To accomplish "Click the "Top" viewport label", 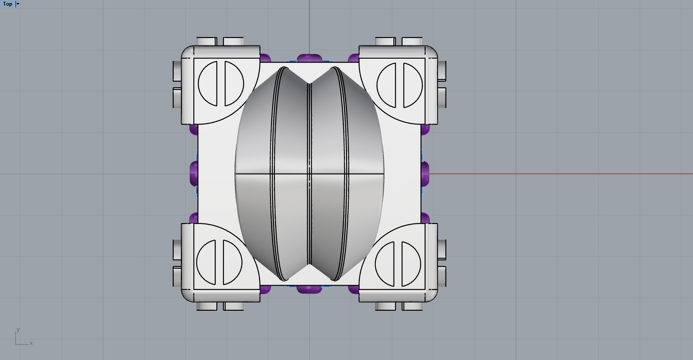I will tap(7, 4).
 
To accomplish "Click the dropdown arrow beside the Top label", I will tap(18, 4).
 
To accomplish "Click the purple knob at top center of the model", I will tap(309, 58).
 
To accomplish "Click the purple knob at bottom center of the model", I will tap(309, 289).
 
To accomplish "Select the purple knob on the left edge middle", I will tap(194, 173).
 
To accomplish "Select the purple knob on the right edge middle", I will tap(426, 173).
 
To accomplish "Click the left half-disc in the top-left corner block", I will tap(208, 83).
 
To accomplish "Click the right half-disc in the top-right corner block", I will tap(412, 85).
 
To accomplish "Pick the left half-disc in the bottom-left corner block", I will tap(207, 262).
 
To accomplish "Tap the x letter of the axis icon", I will tap(31, 343).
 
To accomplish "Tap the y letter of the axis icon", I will tap(18, 329).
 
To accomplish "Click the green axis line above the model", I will tap(309, 26).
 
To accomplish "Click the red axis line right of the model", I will tap(562, 174).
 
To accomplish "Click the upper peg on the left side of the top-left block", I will tap(177, 71).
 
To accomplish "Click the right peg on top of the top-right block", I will tap(412, 41).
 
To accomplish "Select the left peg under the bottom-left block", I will tap(207, 306).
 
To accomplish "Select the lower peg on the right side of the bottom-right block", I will tap(442, 277).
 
